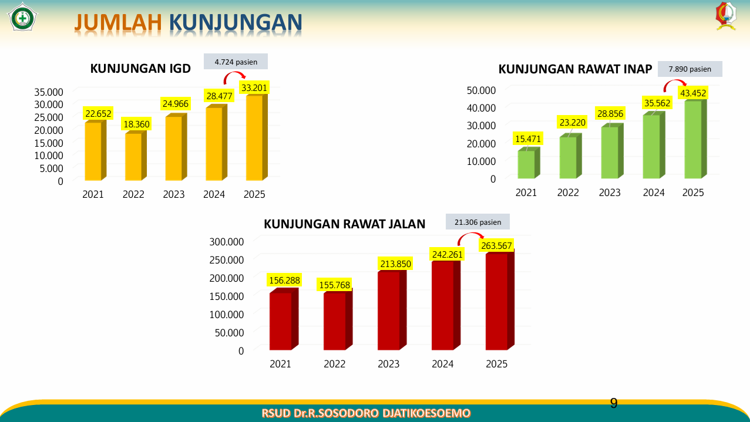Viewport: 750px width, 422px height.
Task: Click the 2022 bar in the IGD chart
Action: tap(136, 156)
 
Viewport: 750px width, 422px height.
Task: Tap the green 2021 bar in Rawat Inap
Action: tap(529, 163)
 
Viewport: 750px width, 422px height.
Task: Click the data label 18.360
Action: tap(136, 124)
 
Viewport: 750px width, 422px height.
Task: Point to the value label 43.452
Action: tap(693, 93)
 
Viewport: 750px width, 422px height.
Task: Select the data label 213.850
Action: tap(395, 264)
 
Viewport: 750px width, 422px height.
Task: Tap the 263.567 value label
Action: tap(496, 246)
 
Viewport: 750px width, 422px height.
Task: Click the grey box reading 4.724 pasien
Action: tap(236, 62)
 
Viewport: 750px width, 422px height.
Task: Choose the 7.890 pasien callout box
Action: tap(690, 69)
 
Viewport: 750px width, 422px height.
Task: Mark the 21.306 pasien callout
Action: tap(477, 222)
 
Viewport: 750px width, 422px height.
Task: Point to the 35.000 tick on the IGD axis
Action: tap(49, 92)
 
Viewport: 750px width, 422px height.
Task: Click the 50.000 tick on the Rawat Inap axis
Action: tap(481, 90)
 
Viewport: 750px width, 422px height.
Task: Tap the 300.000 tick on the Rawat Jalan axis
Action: tap(226, 242)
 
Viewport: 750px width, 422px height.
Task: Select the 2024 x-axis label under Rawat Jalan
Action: tap(442, 364)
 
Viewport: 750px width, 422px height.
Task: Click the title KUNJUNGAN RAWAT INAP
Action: tap(575, 69)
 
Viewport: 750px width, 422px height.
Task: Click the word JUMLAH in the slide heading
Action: tap(118, 22)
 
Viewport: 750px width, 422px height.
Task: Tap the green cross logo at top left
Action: tap(22, 17)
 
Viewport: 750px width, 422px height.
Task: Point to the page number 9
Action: tap(614, 403)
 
